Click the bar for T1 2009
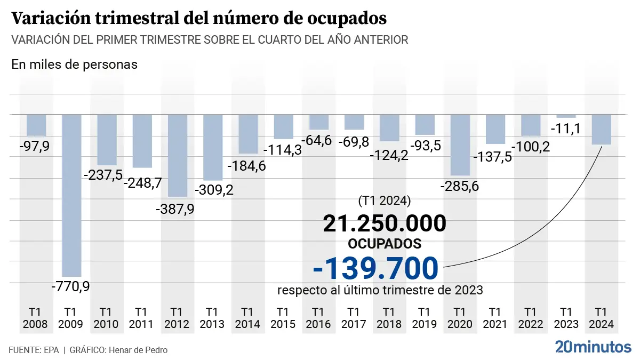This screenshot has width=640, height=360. [x=72, y=195]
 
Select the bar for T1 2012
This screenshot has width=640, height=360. [x=178, y=155]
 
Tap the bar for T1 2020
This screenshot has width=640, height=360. [x=460, y=145]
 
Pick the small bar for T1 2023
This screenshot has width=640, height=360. [x=566, y=116]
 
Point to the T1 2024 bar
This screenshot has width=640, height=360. [x=601, y=130]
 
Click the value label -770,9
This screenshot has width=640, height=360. [x=70, y=286]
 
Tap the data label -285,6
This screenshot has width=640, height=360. [x=460, y=187]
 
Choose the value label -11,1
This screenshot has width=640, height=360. [x=566, y=129]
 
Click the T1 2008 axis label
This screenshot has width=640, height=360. [x=36, y=317]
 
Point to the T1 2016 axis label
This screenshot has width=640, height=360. [x=318, y=317]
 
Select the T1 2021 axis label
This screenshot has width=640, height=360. [x=495, y=317]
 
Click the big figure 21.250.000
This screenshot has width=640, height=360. [x=384, y=223]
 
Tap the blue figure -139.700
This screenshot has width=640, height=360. [x=376, y=268]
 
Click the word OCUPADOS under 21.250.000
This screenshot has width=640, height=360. [x=384, y=244]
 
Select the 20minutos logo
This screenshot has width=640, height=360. [x=593, y=347]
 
